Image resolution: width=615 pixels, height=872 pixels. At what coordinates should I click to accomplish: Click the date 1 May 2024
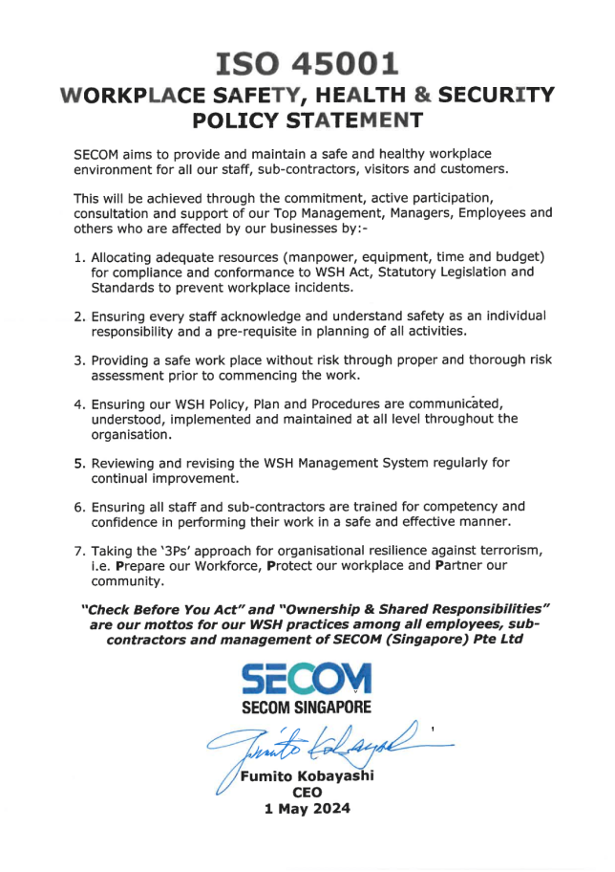[x=307, y=809]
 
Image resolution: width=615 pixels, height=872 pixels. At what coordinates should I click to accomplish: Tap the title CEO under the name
[x=307, y=793]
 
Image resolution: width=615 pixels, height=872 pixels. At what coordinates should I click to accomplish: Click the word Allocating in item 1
[x=125, y=258]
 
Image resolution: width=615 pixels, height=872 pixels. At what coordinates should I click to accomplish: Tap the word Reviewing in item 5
[x=125, y=463]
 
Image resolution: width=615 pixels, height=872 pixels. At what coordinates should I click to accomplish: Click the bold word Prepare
[x=144, y=566]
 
